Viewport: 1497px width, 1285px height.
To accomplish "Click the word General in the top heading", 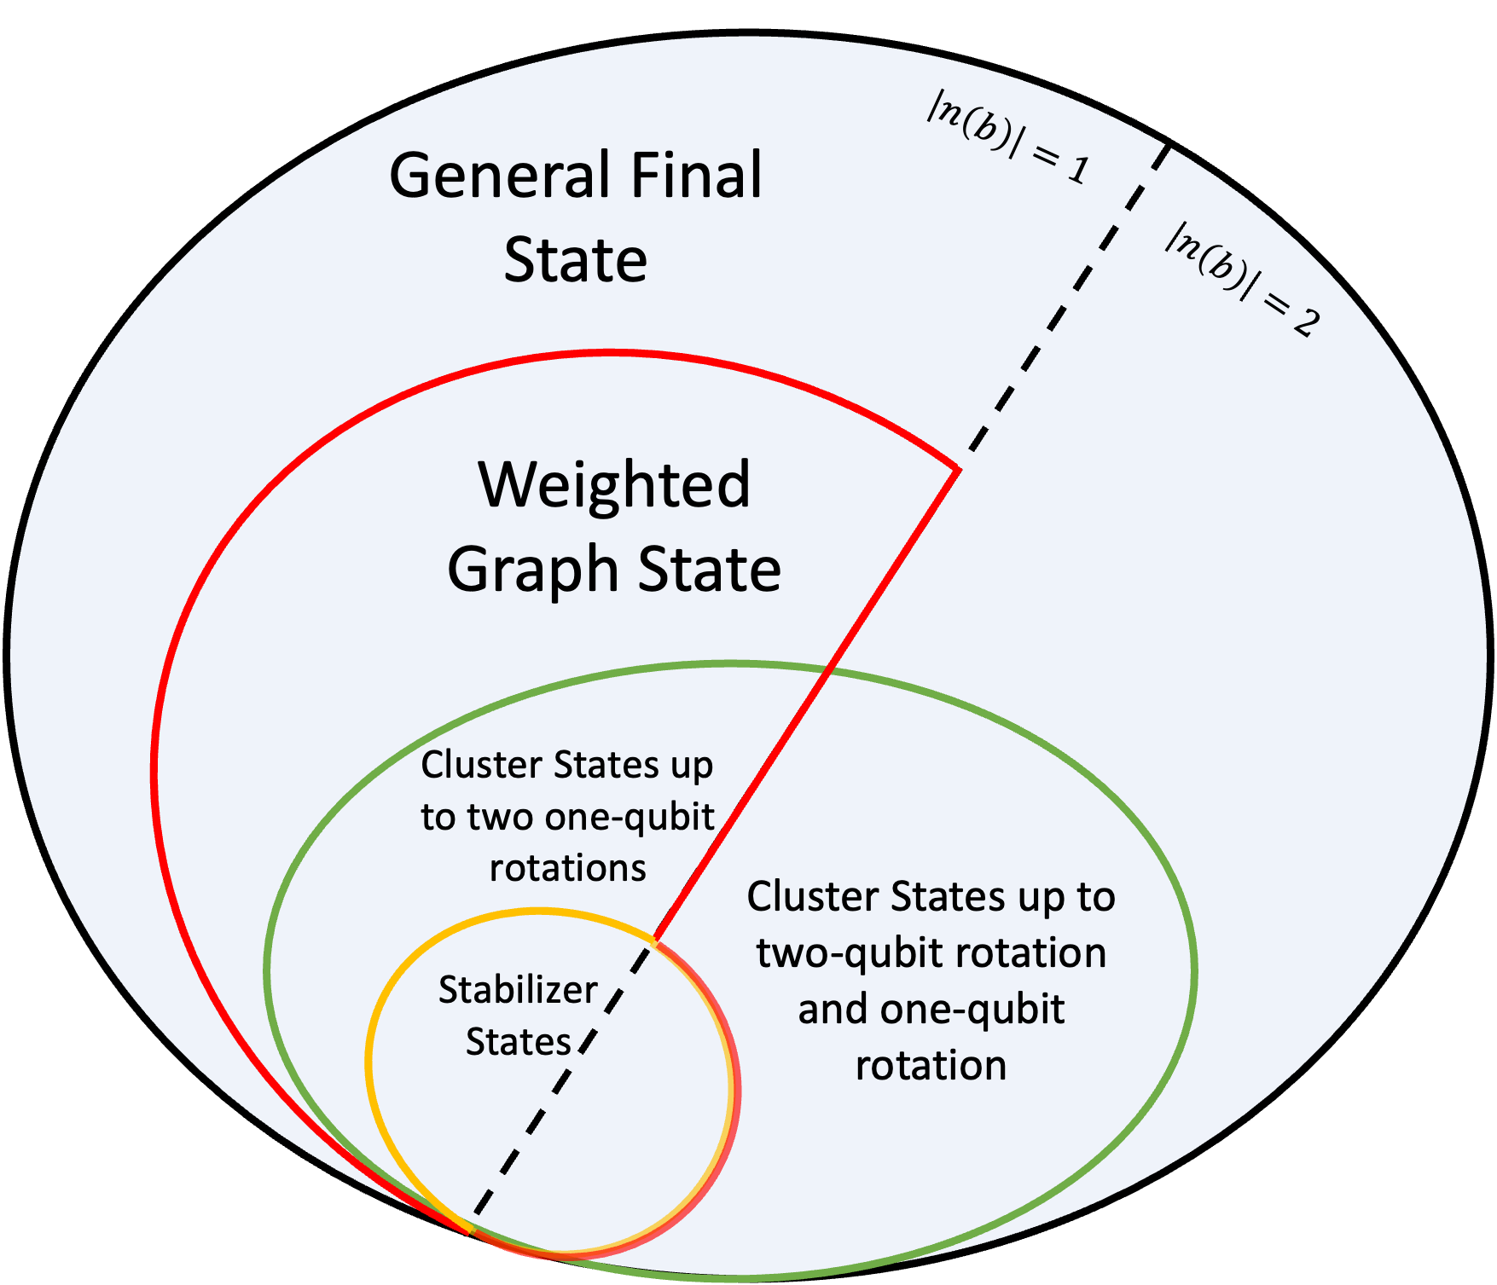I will click(x=502, y=176).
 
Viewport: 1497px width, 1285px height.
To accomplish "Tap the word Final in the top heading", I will click(x=696, y=176).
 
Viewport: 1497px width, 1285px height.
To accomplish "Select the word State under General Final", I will click(x=575, y=260).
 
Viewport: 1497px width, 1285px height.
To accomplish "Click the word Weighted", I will click(x=614, y=484).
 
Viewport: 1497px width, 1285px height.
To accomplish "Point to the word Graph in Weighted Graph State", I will click(x=532, y=570).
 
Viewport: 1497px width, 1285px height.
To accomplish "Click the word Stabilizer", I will click(x=518, y=990).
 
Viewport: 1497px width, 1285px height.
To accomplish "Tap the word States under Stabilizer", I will click(x=518, y=1042).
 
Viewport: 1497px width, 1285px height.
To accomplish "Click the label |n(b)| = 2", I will click(x=1242, y=279).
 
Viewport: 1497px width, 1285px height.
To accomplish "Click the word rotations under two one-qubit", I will click(x=567, y=868).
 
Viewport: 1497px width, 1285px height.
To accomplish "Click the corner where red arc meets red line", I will click(x=960, y=469).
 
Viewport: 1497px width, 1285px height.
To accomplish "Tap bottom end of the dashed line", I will click(x=476, y=1213).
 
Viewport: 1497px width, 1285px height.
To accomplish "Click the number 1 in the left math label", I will click(x=1077, y=171).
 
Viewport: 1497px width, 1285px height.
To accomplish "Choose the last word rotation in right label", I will click(x=931, y=1066).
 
